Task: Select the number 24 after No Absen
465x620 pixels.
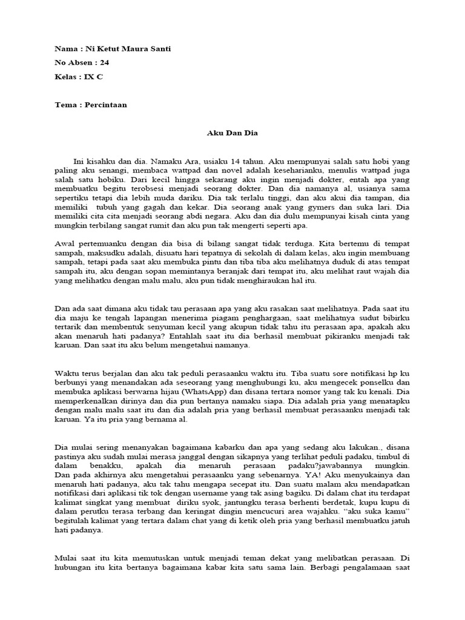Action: click(x=105, y=62)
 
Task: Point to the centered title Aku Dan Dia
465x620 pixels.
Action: click(x=232, y=133)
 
